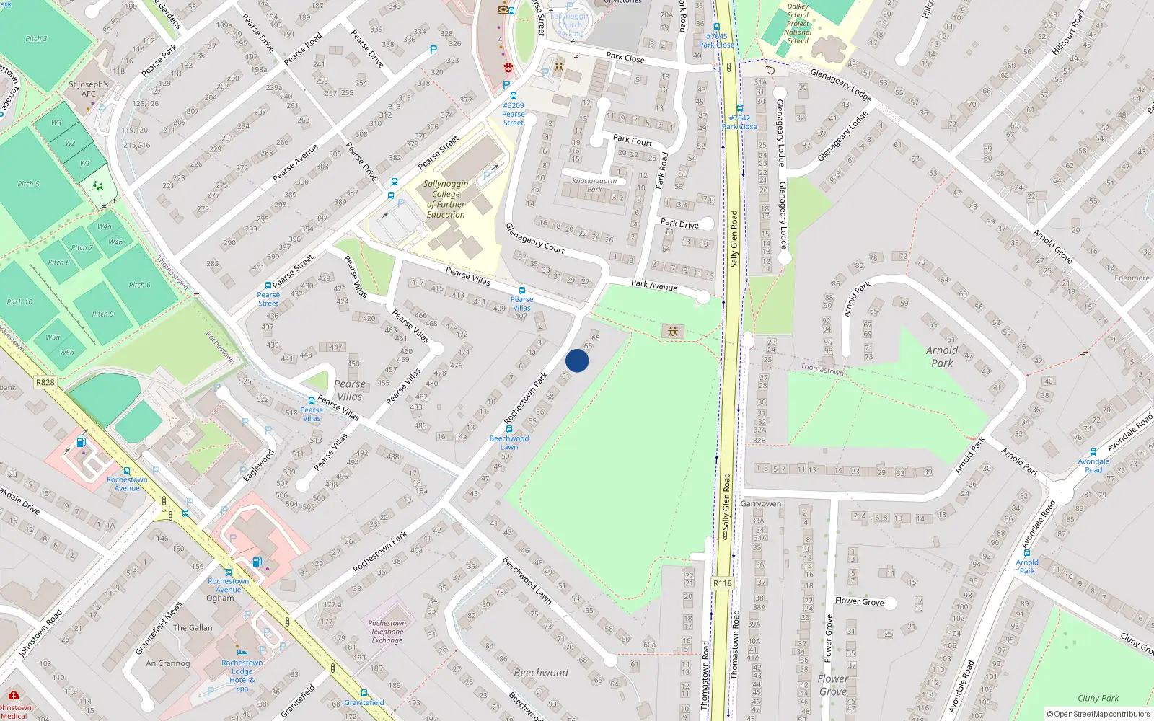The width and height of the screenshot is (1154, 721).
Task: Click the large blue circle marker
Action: point(577,360)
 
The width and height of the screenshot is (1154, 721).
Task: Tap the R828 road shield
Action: point(45,382)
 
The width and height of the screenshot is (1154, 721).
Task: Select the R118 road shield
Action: point(722,583)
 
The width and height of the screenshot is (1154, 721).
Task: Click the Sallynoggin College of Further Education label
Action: point(446,199)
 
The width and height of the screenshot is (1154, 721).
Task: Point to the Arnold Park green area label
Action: point(942,356)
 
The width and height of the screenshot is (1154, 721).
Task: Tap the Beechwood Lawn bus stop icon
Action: point(509,429)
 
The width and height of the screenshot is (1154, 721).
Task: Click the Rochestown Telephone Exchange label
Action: point(387,632)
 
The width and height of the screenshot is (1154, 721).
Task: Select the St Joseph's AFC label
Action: point(89,89)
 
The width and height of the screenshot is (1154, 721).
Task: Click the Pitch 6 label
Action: point(140,285)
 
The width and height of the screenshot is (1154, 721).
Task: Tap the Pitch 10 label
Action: point(19,302)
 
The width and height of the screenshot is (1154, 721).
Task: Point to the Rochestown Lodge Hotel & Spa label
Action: point(242,676)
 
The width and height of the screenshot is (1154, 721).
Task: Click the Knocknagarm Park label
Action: point(594,185)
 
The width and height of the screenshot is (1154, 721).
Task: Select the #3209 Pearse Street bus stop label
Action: point(514,114)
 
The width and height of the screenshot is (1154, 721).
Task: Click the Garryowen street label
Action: point(761,503)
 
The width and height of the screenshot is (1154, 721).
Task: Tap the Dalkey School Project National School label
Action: point(798,24)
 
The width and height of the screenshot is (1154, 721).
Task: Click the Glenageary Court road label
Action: point(534,238)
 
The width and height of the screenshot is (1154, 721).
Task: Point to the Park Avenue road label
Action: point(654,285)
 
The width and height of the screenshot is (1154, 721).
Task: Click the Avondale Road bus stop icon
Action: point(1093,452)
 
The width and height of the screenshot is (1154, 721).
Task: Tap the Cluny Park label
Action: point(1098,698)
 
